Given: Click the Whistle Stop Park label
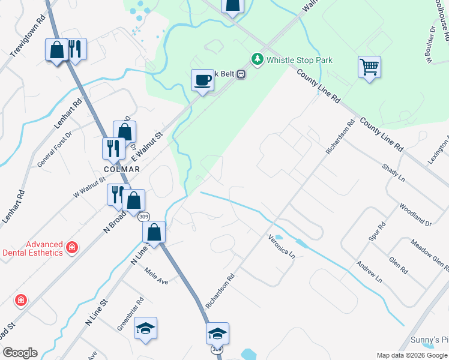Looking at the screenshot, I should (x=300, y=60).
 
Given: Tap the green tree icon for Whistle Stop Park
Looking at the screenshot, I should (x=258, y=59).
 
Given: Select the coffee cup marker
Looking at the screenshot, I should (x=202, y=80).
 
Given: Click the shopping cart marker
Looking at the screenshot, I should (x=369, y=67).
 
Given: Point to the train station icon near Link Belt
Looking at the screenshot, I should (x=241, y=74).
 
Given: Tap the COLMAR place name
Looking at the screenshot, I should (x=122, y=170).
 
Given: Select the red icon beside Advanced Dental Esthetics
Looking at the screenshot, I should (x=72, y=247).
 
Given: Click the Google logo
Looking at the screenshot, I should (x=20, y=353).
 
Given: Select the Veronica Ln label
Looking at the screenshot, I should (x=282, y=246).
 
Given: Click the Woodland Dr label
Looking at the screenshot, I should (x=415, y=215).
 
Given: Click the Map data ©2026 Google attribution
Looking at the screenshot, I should (x=412, y=355).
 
